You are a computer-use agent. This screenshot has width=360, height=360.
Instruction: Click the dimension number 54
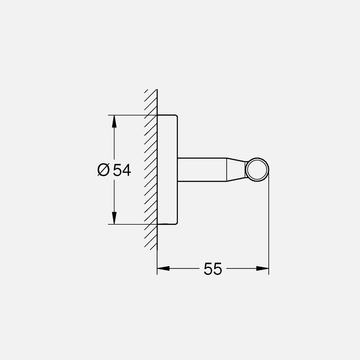[122, 170]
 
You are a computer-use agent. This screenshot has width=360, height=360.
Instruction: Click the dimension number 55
[213, 269]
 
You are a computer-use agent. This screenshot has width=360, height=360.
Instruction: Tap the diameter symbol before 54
[103, 170]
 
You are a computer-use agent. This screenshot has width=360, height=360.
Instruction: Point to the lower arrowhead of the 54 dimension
[114, 218]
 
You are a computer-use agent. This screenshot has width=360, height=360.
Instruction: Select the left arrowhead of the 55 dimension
[163, 268]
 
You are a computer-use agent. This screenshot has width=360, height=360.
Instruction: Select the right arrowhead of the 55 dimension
[262, 268]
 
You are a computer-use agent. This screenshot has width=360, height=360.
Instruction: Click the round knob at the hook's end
[257, 170]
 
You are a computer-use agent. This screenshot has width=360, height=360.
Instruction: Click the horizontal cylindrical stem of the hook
[202, 170]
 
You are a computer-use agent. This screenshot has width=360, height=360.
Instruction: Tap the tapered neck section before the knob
[236, 170]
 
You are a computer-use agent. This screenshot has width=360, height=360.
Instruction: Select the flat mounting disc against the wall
[167, 170]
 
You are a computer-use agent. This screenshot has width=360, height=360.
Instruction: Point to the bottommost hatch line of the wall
[154, 247]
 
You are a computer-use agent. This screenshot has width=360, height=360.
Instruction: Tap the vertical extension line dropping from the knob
[269, 227]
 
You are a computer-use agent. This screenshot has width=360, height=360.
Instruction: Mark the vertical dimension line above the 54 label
[114, 143]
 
